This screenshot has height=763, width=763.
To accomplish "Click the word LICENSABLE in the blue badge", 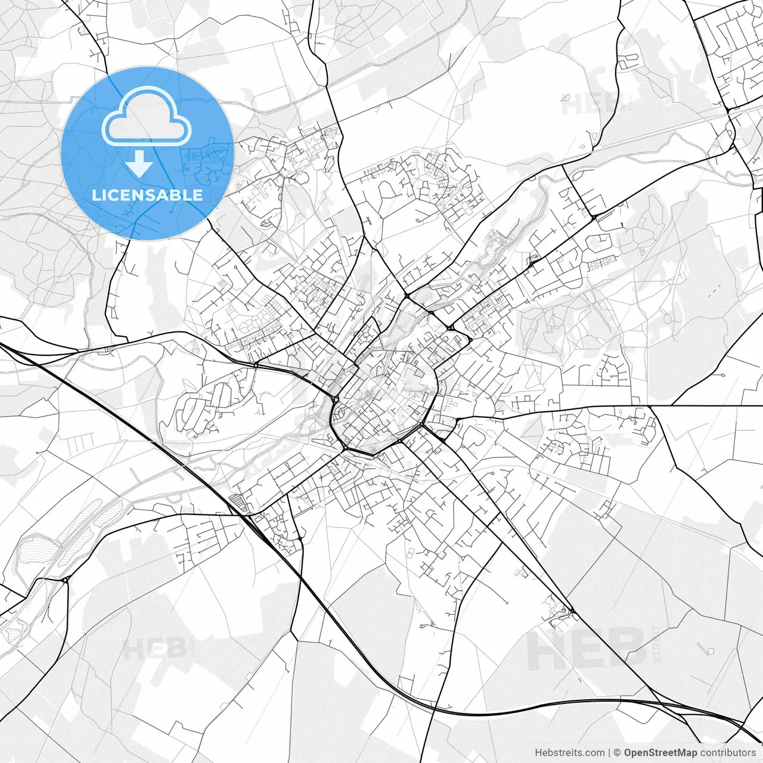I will tap(147, 195).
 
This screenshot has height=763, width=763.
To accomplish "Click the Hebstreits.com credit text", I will tap(569, 753).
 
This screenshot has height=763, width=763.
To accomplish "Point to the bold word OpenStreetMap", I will tap(660, 753).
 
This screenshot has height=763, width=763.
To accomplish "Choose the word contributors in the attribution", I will tap(728, 753).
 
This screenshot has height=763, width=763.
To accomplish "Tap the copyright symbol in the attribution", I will tap(618, 753).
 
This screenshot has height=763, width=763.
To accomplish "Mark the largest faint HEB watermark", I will tap(587, 649).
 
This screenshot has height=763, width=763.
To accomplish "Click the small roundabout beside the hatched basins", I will tap(64, 579).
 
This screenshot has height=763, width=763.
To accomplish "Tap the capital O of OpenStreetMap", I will tap(628, 753).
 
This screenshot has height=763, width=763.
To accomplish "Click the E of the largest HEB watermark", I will tap(587, 649).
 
